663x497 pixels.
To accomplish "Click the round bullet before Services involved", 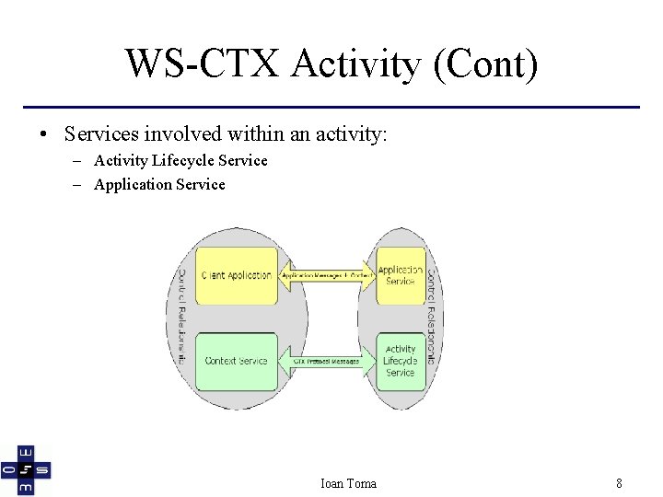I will (43, 134).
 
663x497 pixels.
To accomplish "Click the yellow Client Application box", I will (237, 275).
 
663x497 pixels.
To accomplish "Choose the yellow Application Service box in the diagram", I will (401, 275).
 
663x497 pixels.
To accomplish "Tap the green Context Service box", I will (237, 361).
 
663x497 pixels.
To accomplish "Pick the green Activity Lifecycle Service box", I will (401, 361).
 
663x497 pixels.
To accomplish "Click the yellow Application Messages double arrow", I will (327, 275).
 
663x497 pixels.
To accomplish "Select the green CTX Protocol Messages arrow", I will (327, 361).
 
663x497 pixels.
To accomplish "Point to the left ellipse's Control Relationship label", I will (182, 317).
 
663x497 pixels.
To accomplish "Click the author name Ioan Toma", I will (347, 483).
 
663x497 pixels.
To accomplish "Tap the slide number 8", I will (619, 483).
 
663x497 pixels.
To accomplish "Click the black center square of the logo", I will (26, 470).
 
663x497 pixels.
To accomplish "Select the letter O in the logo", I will (8, 470).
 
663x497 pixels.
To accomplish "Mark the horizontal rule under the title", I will (331, 107).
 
